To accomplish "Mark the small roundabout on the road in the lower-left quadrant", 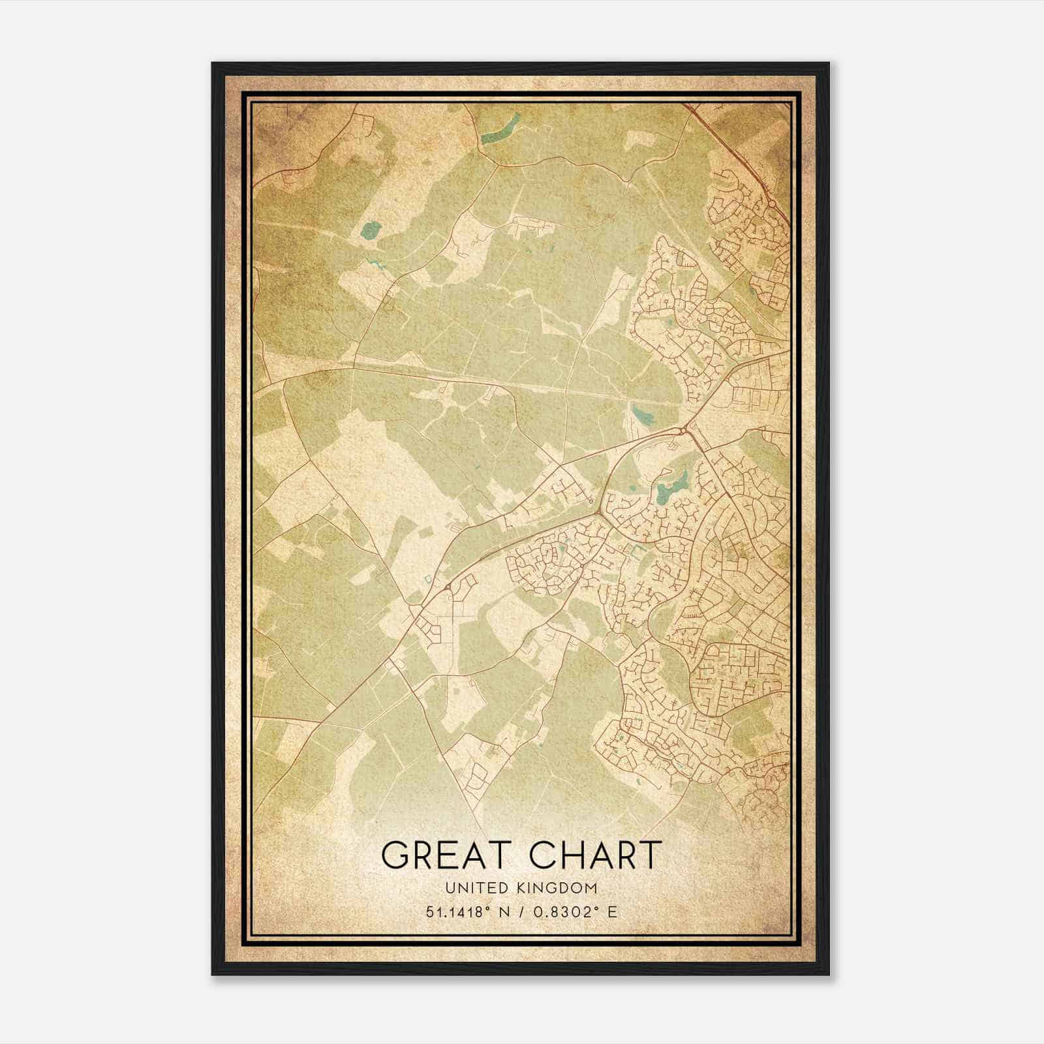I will [447, 589].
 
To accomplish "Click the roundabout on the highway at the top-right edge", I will [771, 204].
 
